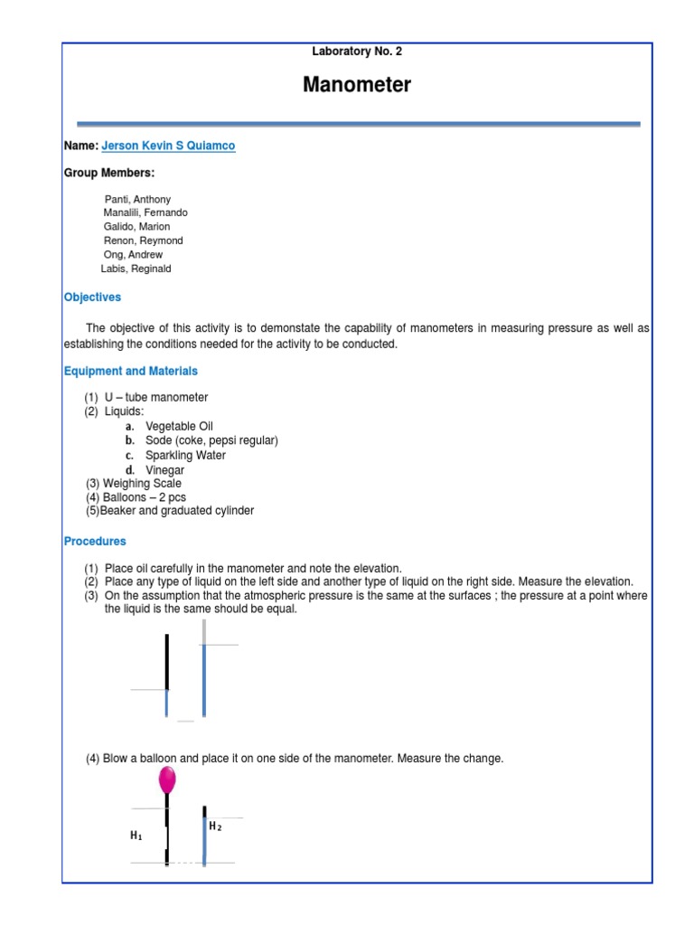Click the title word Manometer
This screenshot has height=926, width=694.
coord(357,85)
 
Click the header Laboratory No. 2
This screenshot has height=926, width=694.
coord(357,52)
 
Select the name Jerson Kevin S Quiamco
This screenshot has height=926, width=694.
coord(168,146)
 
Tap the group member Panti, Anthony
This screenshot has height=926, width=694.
coord(137,199)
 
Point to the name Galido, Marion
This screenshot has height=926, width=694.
coord(136,227)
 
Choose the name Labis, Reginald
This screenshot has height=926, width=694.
coord(136,269)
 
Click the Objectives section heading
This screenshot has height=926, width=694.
coord(92,298)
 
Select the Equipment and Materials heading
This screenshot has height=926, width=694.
coord(130,371)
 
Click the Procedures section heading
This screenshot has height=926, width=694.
coord(95,542)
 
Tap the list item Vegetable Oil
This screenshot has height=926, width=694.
coord(179,426)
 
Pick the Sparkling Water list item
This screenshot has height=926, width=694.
coord(185,455)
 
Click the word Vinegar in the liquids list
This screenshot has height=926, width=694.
coord(164,470)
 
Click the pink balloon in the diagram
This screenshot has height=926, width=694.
coord(167,780)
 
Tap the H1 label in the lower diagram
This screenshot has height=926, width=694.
coord(136,836)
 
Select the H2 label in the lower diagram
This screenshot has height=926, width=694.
coord(215,827)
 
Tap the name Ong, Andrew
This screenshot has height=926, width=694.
coord(133,255)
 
